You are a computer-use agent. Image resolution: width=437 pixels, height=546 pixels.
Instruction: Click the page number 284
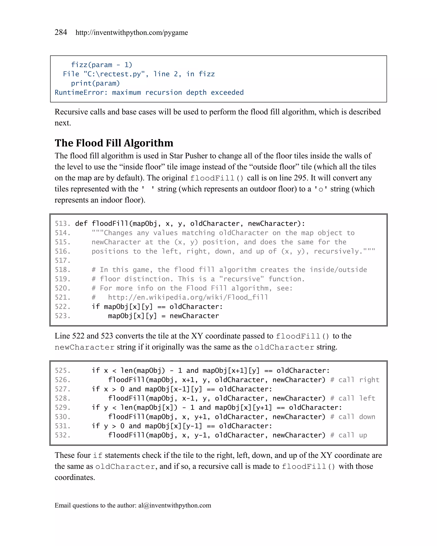pos(61,32)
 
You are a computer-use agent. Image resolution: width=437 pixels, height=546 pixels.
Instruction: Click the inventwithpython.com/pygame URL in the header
pos(131,33)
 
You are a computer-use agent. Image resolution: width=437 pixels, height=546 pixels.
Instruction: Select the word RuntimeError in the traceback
pos(79,92)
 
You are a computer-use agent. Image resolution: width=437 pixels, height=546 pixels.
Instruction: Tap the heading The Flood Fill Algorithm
pos(114,143)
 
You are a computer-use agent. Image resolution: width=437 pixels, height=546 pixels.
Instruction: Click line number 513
pos(62,224)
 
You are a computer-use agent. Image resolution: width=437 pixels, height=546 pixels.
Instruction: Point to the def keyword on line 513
pos(81,224)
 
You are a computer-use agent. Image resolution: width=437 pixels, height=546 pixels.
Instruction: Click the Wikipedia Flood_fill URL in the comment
pos(188,297)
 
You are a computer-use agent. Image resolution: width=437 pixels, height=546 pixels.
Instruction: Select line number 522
pos(62,307)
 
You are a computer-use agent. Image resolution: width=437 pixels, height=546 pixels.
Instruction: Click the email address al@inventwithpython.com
pos(175,505)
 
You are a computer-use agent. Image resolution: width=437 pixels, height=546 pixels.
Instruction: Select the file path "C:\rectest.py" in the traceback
pos(116,74)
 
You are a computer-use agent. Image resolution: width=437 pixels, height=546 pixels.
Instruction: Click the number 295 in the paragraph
pos(300,178)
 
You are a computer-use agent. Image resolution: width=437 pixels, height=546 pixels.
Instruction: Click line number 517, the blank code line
pos(62,261)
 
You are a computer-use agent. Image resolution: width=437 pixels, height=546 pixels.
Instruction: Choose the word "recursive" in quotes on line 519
pos(241,279)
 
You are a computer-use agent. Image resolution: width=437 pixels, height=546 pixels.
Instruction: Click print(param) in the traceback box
pos(95,83)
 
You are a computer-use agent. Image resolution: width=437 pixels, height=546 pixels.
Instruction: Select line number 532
pos(62,435)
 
